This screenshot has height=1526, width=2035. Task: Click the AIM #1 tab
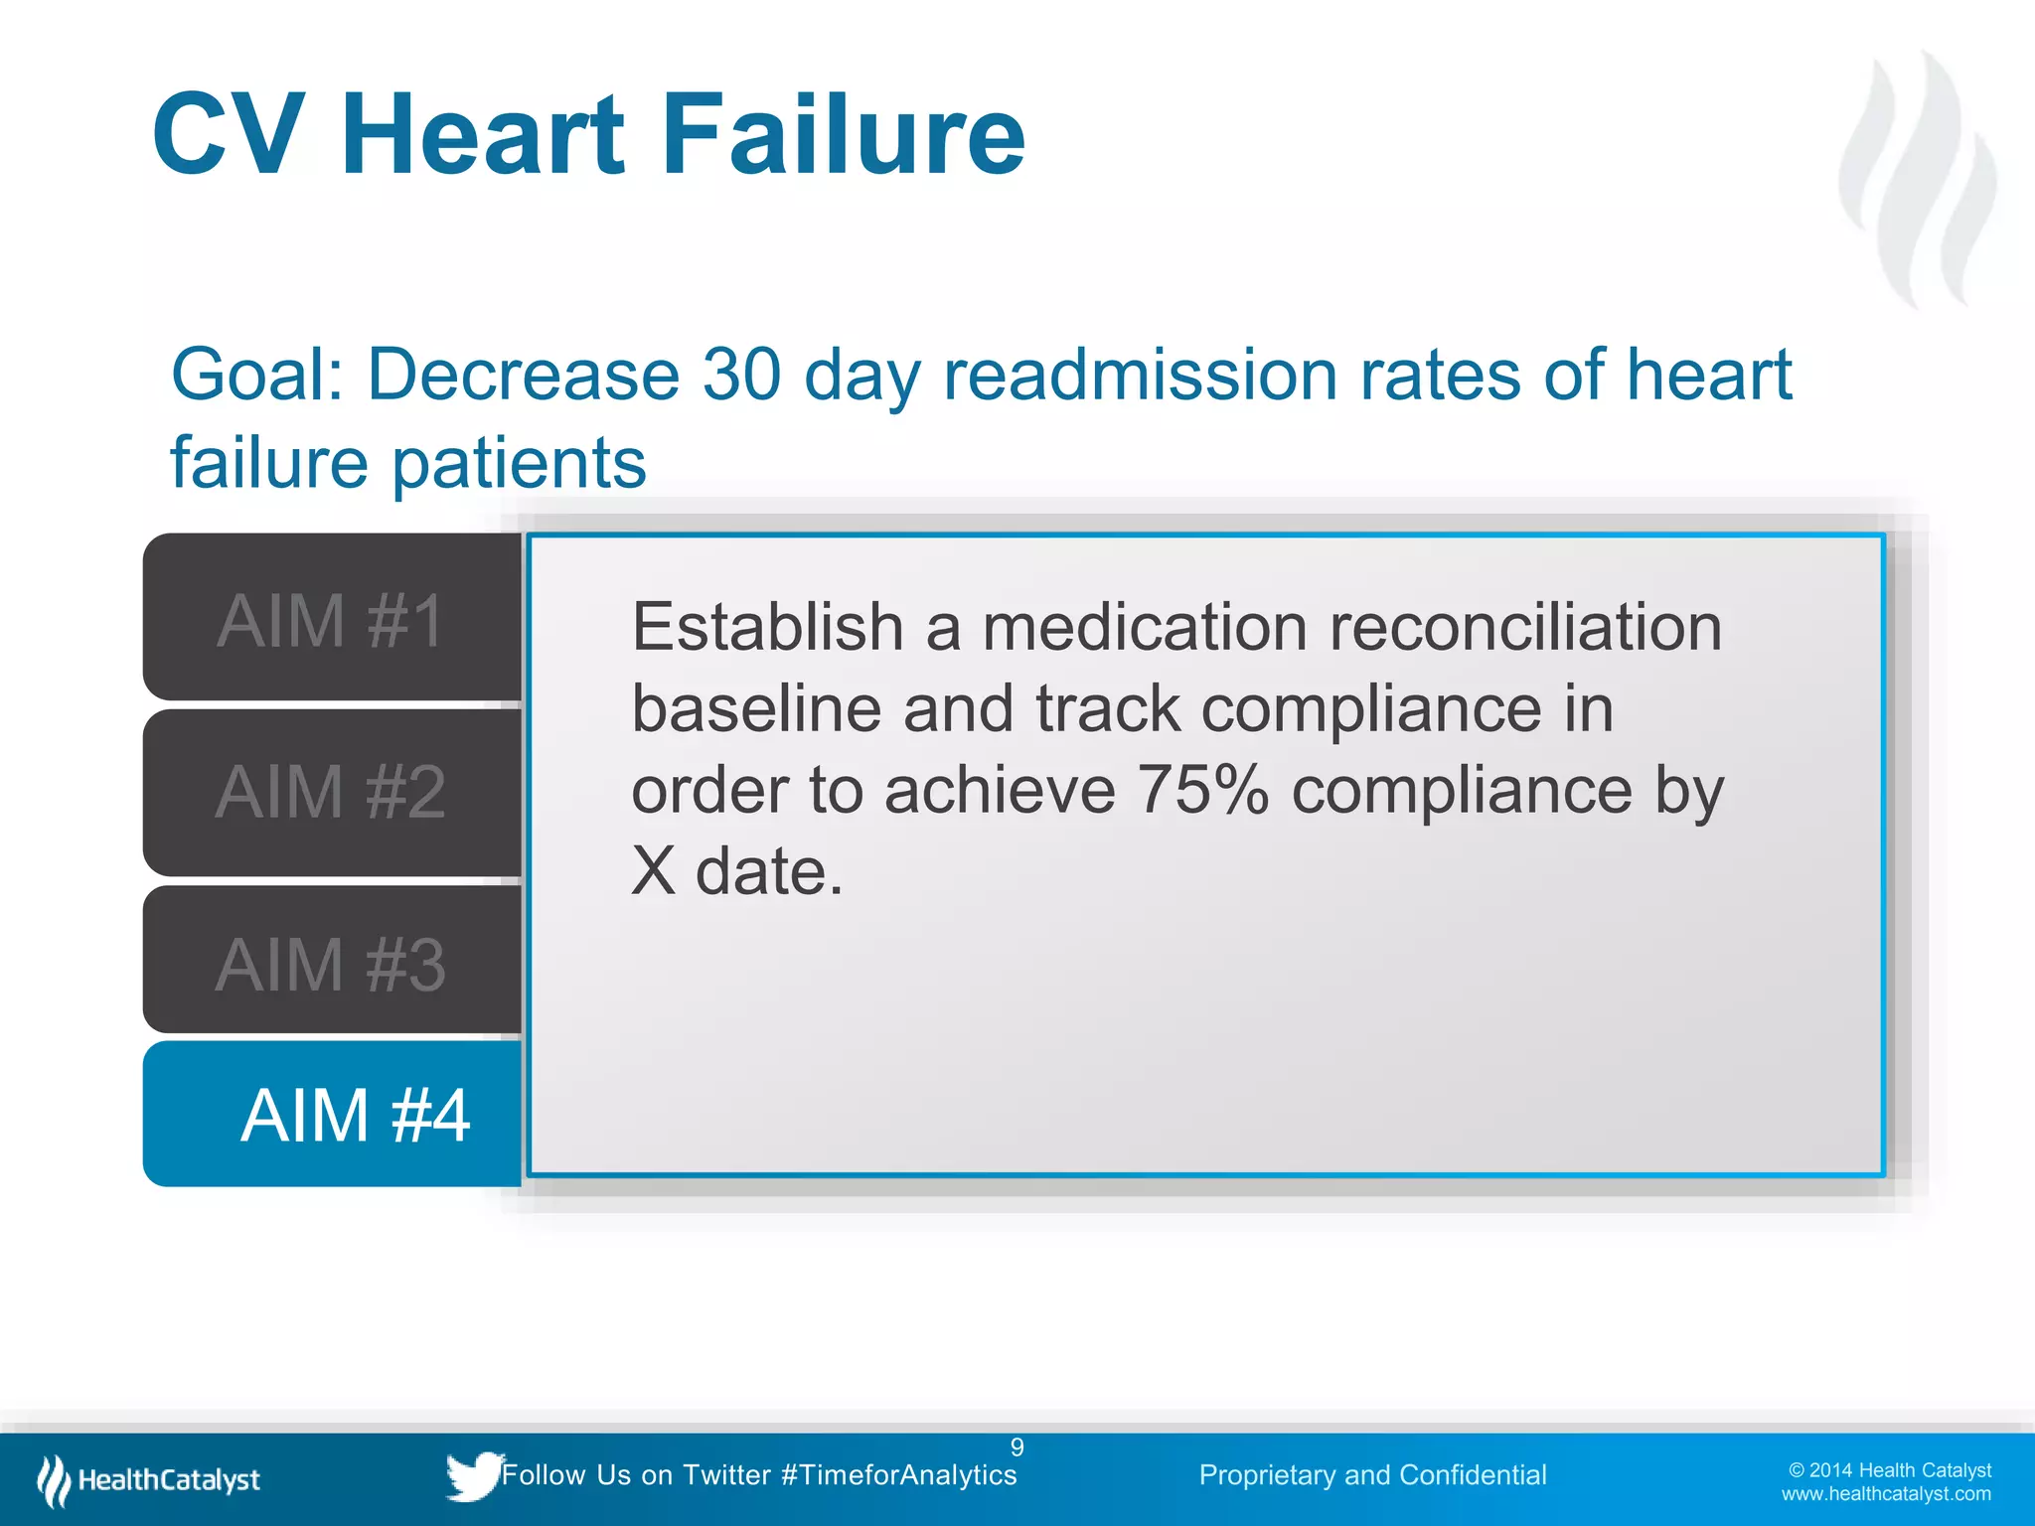331,620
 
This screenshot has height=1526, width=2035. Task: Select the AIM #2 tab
331,792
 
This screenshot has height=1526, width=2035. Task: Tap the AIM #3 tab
331,964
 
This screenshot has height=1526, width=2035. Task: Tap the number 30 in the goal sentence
741,376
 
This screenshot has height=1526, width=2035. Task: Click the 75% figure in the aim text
1202,791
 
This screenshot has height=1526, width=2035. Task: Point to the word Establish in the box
767,628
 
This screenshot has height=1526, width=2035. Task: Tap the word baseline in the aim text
756,709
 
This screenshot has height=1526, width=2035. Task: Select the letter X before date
653,872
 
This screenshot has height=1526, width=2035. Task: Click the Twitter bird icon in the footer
473,1475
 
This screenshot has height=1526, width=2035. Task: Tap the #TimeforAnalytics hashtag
899,1475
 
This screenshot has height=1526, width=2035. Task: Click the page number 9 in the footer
1017,1448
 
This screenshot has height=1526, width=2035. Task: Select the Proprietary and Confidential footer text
1372,1475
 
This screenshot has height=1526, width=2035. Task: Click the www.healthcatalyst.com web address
1885,1494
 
